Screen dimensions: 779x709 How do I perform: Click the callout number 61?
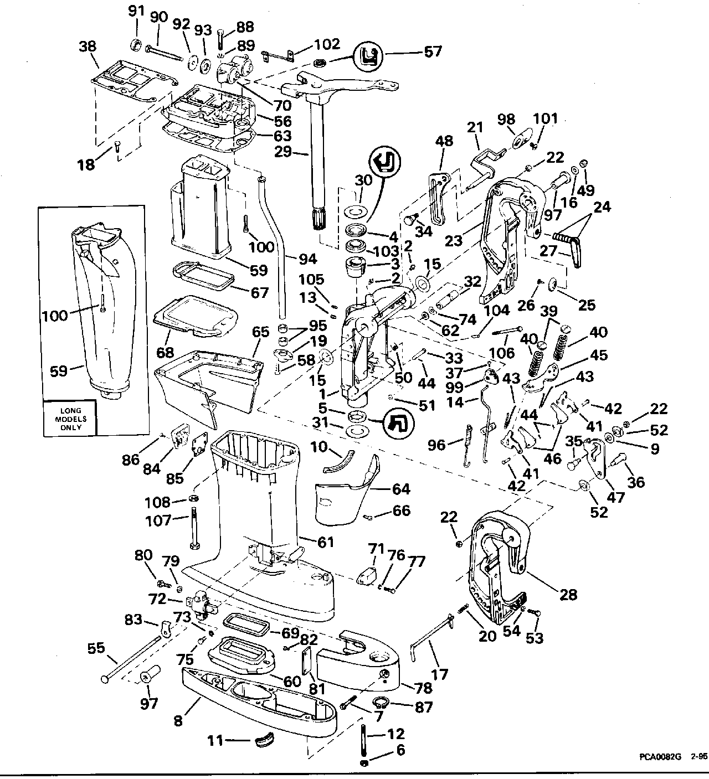pyautogui.click(x=326, y=542)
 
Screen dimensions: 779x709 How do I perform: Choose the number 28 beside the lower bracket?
pyautogui.click(x=568, y=595)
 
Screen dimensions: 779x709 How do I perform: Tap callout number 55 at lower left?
pyautogui.click(x=96, y=648)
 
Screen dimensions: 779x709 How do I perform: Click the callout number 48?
pyautogui.click(x=444, y=142)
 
